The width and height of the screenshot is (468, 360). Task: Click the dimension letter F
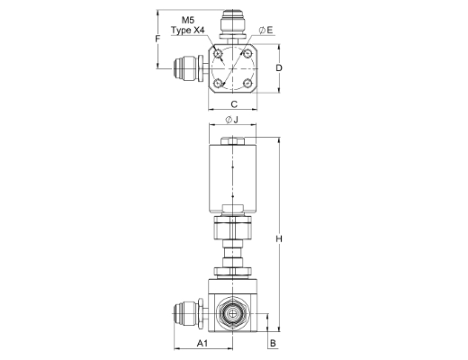point(157,39)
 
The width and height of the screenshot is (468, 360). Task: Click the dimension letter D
point(279,68)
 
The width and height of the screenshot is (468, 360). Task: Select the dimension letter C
point(234,104)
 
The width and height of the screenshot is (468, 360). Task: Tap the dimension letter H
point(279,239)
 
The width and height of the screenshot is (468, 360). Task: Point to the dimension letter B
point(273,343)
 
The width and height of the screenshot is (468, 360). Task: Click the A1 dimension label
point(202,343)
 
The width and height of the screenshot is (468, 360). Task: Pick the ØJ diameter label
point(231,120)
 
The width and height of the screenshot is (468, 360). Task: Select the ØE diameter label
point(265,30)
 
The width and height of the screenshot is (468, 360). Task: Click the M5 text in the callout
point(188,20)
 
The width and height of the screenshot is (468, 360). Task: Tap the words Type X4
point(188,30)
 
